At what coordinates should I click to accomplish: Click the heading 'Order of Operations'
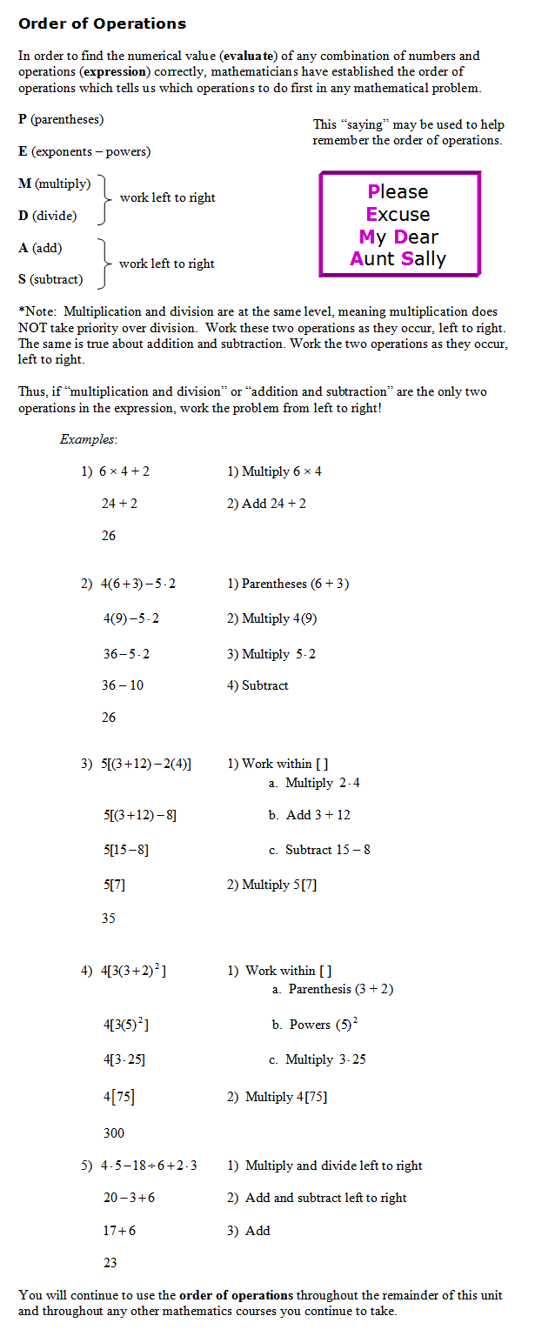coord(102,23)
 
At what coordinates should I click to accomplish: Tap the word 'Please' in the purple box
coord(398,191)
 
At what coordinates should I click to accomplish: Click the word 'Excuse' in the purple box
coord(398,214)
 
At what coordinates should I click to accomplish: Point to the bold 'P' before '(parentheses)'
coord(23,119)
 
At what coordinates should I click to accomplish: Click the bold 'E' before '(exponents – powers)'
coord(23,151)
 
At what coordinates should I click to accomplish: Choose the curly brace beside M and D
coord(106,198)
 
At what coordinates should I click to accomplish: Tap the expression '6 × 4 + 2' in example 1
coord(124,471)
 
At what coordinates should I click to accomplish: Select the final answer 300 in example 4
coord(114,1132)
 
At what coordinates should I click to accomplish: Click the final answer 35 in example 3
coord(109,918)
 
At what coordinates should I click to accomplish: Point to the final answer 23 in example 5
coord(110,1262)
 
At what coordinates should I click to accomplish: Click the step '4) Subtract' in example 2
coord(257,685)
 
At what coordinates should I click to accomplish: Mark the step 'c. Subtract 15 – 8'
coord(319,849)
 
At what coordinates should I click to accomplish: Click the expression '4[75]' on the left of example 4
coord(119,1097)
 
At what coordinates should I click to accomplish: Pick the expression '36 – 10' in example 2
coord(123,685)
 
